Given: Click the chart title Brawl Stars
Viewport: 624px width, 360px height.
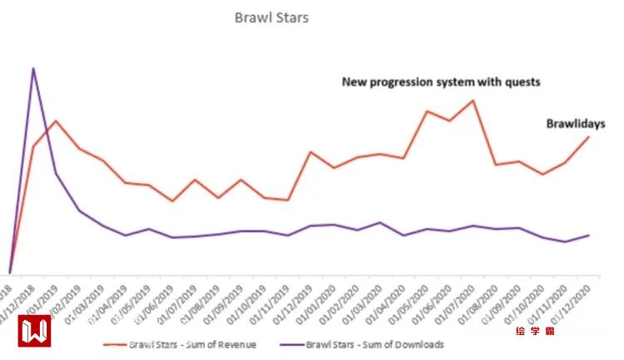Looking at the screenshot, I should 271,17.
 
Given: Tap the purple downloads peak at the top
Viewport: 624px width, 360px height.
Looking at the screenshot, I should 33,68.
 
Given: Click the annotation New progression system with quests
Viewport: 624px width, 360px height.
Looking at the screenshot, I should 442,81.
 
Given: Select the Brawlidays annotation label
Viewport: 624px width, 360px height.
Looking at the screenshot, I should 575,123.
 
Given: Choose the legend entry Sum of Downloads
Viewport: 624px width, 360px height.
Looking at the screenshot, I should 374,343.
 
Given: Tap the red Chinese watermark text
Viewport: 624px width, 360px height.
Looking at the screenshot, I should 535,331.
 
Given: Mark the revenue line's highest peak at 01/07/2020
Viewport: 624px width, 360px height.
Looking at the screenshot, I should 473,101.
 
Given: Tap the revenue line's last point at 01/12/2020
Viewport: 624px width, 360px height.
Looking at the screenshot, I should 589,136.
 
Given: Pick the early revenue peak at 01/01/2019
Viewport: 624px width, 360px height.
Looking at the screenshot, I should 57,121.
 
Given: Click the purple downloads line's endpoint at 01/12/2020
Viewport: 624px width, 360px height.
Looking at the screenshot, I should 589,235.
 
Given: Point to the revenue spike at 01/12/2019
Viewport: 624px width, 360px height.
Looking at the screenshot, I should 310,152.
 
